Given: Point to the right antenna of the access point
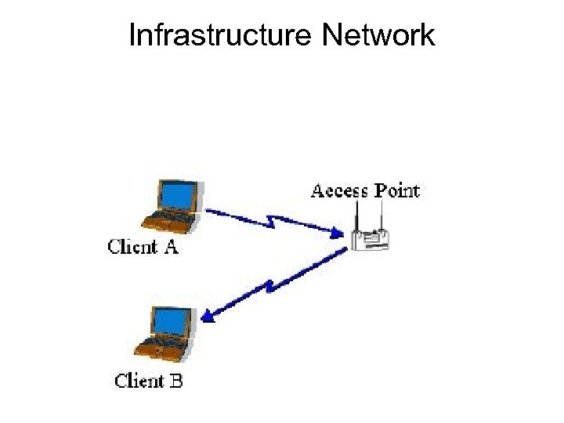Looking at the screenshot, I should tap(381, 214).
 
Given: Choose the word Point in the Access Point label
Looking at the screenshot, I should tap(396, 190).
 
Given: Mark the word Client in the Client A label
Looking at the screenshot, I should tap(132, 247).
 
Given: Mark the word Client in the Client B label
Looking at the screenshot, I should tap(139, 381).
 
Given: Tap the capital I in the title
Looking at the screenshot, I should tap(132, 34).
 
